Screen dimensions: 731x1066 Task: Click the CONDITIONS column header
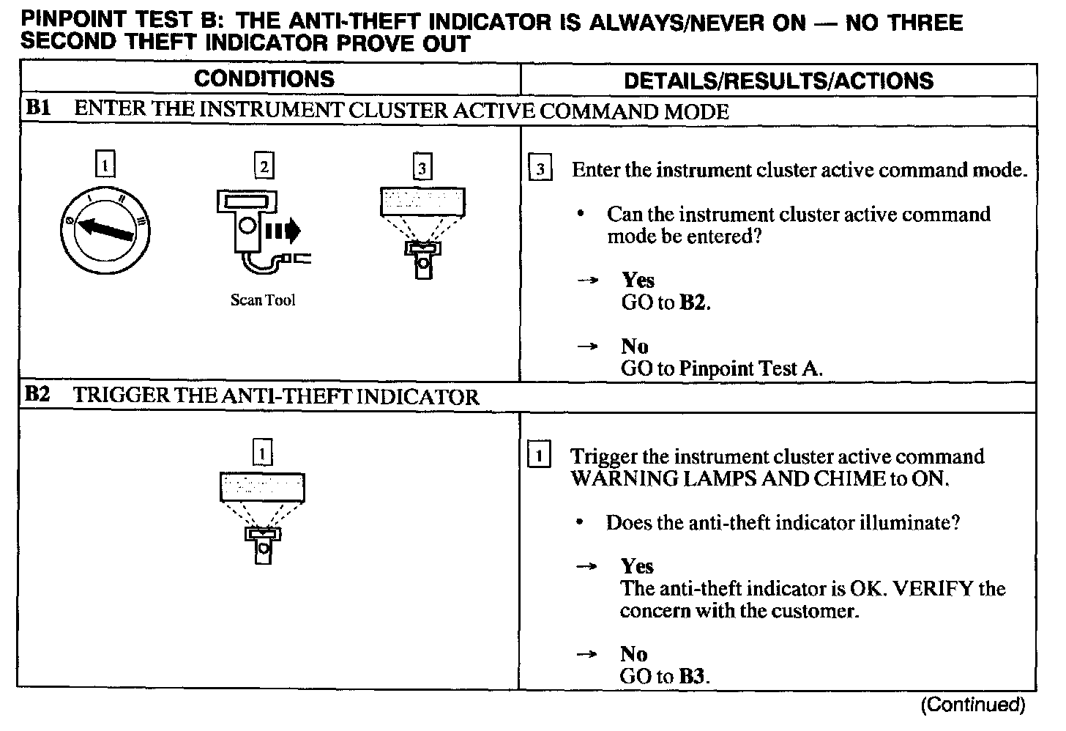pyautogui.click(x=264, y=79)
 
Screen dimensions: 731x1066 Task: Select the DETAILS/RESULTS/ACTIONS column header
pyautogui.click(x=778, y=81)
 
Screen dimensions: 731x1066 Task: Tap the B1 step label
pyautogui.click(x=38, y=110)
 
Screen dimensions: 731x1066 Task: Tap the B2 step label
pyautogui.click(x=37, y=396)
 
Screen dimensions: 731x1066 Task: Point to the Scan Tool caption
pyautogui.click(x=263, y=300)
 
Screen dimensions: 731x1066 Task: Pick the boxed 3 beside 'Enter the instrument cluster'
pyautogui.click(x=540, y=170)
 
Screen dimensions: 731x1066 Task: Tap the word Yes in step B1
pyautogui.click(x=638, y=280)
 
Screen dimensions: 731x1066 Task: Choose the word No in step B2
pyautogui.click(x=634, y=653)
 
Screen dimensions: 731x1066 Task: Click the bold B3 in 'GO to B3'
pyautogui.click(x=692, y=675)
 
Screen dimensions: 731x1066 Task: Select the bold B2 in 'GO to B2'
pyautogui.click(x=693, y=303)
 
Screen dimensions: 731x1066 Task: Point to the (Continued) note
pyautogui.click(x=973, y=705)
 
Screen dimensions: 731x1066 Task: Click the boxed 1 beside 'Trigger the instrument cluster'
pyautogui.click(x=540, y=456)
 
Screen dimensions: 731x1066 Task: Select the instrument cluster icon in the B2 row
pyautogui.click(x=262, y=508)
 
